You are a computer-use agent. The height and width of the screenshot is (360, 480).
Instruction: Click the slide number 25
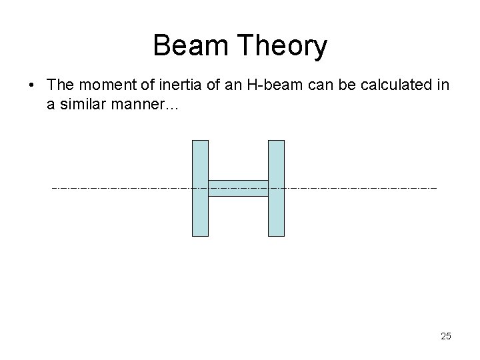pyautogui.click(x=445, y=336)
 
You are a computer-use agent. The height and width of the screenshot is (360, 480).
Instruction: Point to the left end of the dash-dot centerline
pyautogui.click(x=53, y=188)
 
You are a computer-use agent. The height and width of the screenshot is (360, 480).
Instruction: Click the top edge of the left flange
pyautogui.click(x=200, y=141)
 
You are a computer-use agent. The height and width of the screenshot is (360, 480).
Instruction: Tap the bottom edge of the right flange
pyautogui.click(x=276, y=236)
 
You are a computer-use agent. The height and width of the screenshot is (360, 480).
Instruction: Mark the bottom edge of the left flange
pyautogui.click(x=200, y=236)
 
